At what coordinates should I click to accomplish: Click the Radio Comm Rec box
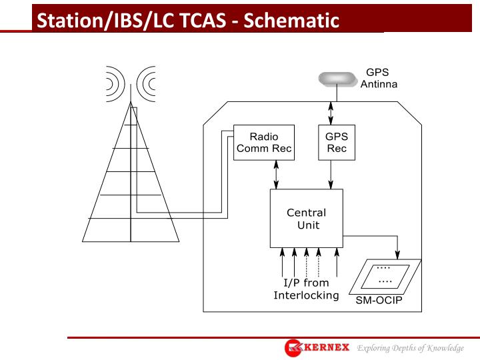coord(263,142)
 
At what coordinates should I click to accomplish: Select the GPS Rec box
coord(336,142)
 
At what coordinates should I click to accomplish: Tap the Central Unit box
coord(306,218)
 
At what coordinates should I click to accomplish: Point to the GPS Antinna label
coord(379,79)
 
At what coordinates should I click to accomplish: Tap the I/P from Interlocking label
coord(306,289)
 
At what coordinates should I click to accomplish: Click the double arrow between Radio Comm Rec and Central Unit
coord(276,174)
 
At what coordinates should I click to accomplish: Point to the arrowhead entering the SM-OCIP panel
coord(398,254)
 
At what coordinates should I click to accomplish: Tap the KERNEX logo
coord(317,347)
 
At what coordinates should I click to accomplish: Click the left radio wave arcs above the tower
coord(114,83)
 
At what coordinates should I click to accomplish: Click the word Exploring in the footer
coord(375,348)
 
